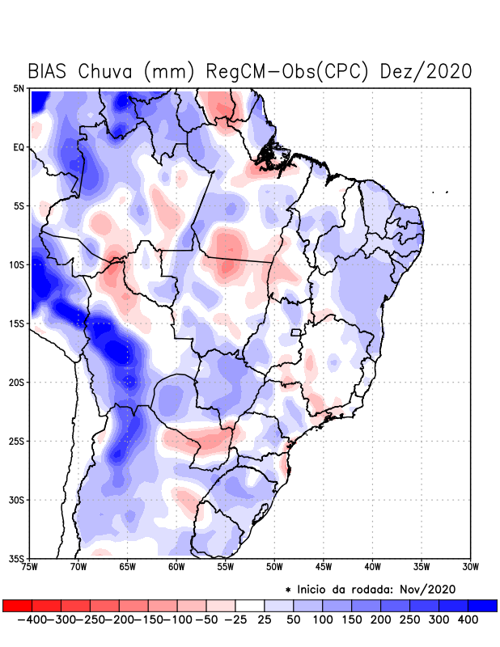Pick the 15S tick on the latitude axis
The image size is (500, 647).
(17, 323)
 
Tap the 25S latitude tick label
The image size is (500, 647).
(17, 441)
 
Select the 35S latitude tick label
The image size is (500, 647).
(17, 558)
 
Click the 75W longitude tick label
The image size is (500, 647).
(31, 566)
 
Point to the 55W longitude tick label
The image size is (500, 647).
(225, 566)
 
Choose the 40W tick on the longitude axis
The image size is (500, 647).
(372, 566)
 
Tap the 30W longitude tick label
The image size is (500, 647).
(470, 566)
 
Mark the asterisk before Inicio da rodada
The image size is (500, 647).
(288, 590)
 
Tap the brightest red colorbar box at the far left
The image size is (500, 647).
(17, 605)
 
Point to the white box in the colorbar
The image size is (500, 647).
(249, 605)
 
